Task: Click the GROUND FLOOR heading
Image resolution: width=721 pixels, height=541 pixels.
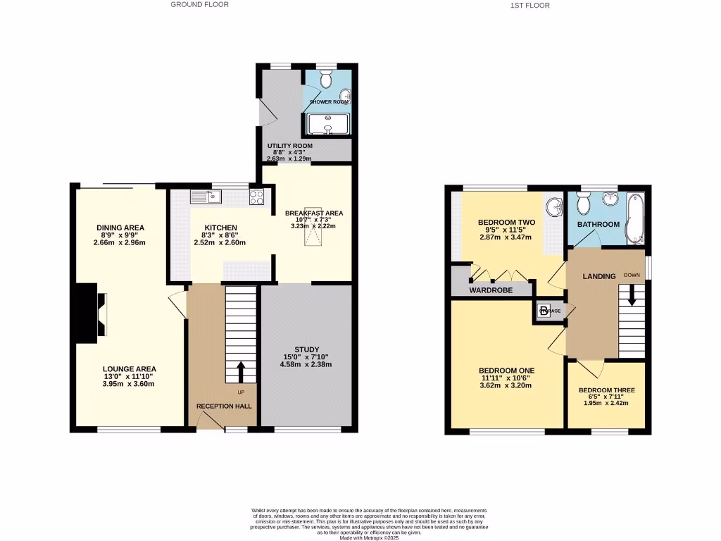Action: (x=199, y=4)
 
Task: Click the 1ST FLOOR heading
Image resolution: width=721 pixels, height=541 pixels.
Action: (x=529, y=5)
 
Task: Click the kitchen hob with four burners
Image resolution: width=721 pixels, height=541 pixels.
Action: (x=257, y=197)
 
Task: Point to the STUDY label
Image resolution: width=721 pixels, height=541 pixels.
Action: (x=306, y=349)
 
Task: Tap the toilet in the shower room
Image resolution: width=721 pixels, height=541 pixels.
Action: (x=325, y=80)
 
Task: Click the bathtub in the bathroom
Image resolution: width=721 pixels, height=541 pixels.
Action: (x=635, y=218)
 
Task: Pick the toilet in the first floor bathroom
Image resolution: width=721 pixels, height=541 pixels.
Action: (x=582, y=204)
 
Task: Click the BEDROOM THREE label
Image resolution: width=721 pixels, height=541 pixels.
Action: (x=606, y=390)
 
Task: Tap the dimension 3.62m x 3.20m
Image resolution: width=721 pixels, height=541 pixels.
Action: (x=506, y=385)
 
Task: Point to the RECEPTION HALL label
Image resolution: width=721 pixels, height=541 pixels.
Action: (x=224, y=406)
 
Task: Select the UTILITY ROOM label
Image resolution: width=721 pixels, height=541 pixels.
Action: (x=289, y=146)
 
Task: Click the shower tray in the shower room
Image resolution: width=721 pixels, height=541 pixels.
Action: (x=326, y=125)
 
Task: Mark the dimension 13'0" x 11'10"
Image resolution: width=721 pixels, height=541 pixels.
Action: (x=129, y=376)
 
